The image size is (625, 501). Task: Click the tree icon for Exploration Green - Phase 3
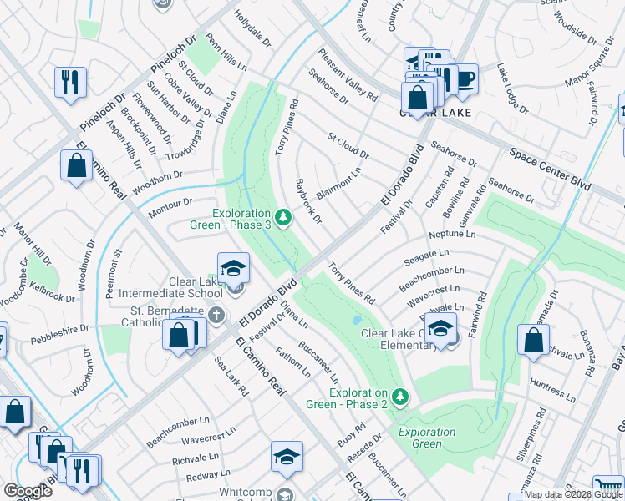click(x=284, y=219)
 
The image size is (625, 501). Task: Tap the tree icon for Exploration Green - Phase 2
click(x=400, y=395)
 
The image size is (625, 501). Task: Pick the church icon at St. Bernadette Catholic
click(x=216, y=316)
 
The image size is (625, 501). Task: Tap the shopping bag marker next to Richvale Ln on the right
click(x=532, y=340)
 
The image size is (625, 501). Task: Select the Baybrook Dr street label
click(x=309, y=201)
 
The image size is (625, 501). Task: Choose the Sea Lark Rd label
click(x=231, y=376)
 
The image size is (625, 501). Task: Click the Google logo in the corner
click(x=27, y=491)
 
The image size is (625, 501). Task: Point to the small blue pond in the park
click(x=358, y=320)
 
